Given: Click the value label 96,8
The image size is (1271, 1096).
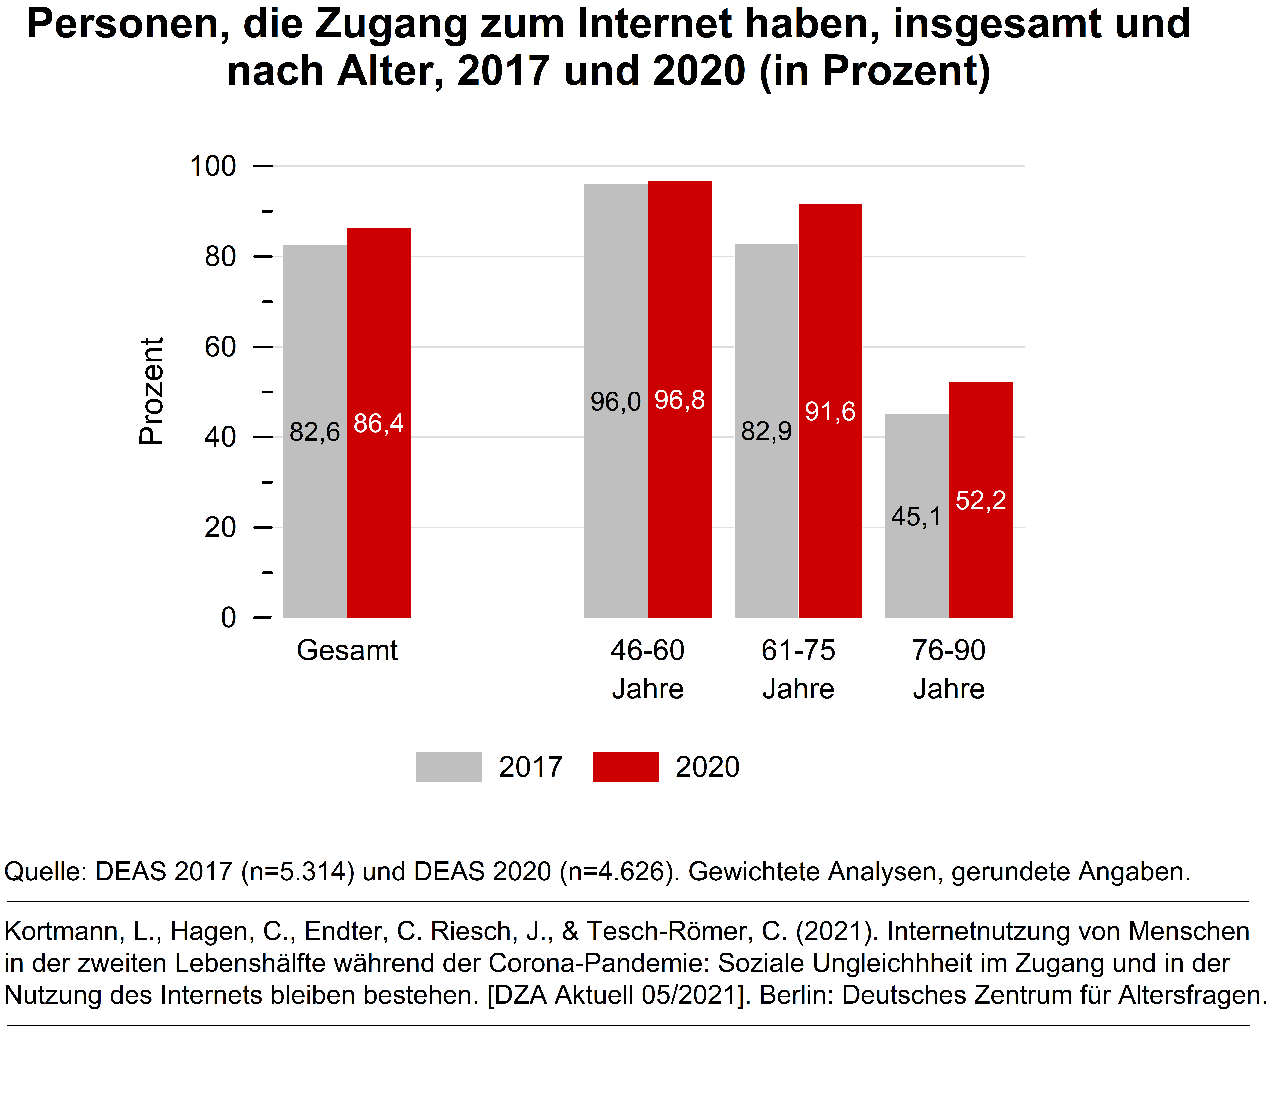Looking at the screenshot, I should (680, 400).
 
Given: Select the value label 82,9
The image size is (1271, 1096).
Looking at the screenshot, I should (766, 431).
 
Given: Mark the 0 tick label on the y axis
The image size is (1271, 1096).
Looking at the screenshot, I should (228, 618).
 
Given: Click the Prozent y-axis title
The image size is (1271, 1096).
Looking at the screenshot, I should (151, 391).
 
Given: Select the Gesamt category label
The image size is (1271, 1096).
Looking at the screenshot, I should (347, 650).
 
